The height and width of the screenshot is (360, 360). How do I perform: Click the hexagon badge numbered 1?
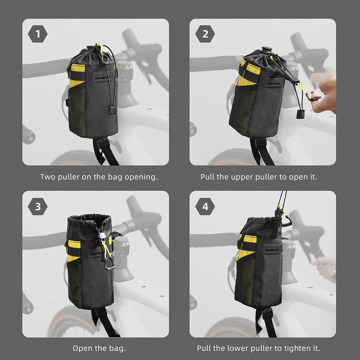[37, 34]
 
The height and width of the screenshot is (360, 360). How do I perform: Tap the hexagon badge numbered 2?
[205, 34]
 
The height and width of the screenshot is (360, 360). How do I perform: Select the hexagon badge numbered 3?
[37, 207]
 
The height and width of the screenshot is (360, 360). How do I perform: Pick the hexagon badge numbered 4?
[205, 207]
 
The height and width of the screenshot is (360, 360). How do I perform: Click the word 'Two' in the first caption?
[48, 177]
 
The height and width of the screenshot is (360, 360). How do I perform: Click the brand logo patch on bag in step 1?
[102, 76]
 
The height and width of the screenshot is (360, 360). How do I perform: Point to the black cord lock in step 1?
[112, 109]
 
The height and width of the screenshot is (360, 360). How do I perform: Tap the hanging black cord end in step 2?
[300, 114]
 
